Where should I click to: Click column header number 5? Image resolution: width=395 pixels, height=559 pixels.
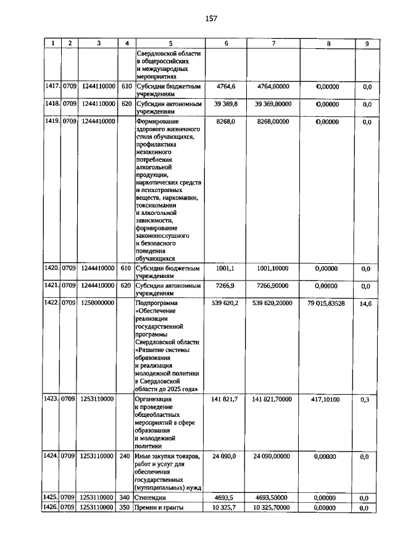click(170, 43)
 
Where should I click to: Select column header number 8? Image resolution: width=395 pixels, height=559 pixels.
click(328, 43)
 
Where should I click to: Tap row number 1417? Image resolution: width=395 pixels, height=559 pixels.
click(51, 87)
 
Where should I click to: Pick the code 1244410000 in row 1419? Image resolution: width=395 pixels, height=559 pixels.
click(98, 122)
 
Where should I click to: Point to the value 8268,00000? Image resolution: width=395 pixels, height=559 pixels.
click(273, 122)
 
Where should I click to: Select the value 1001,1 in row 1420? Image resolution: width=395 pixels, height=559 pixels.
click(226, 269)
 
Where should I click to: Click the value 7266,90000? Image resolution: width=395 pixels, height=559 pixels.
click(273, 286)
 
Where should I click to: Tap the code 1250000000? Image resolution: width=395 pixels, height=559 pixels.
click(98, 304)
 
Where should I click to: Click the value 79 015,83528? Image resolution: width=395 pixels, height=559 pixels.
click(328, 304)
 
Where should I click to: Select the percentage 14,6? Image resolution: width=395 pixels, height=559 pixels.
click(366, 304)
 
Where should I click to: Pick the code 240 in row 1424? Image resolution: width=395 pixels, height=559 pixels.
click(126, 456)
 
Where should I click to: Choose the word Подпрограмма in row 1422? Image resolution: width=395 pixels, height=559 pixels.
click(156, 304)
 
